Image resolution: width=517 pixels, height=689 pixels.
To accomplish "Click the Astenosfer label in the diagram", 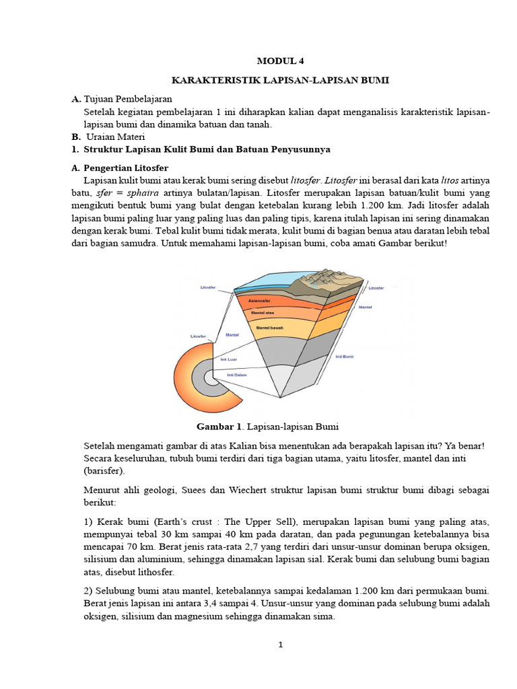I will pos(260,300).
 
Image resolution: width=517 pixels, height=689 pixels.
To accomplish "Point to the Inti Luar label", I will pos(229,359).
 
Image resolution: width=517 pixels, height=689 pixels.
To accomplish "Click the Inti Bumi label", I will pos(345,356).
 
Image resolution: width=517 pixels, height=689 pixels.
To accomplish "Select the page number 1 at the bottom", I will pos(281,645).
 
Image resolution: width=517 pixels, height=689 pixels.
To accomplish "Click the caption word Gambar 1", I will pos(218,427).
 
